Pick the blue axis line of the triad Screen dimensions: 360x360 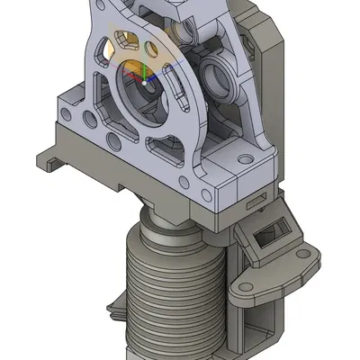pos(152,77)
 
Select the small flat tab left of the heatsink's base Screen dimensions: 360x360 pos(116,310)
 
